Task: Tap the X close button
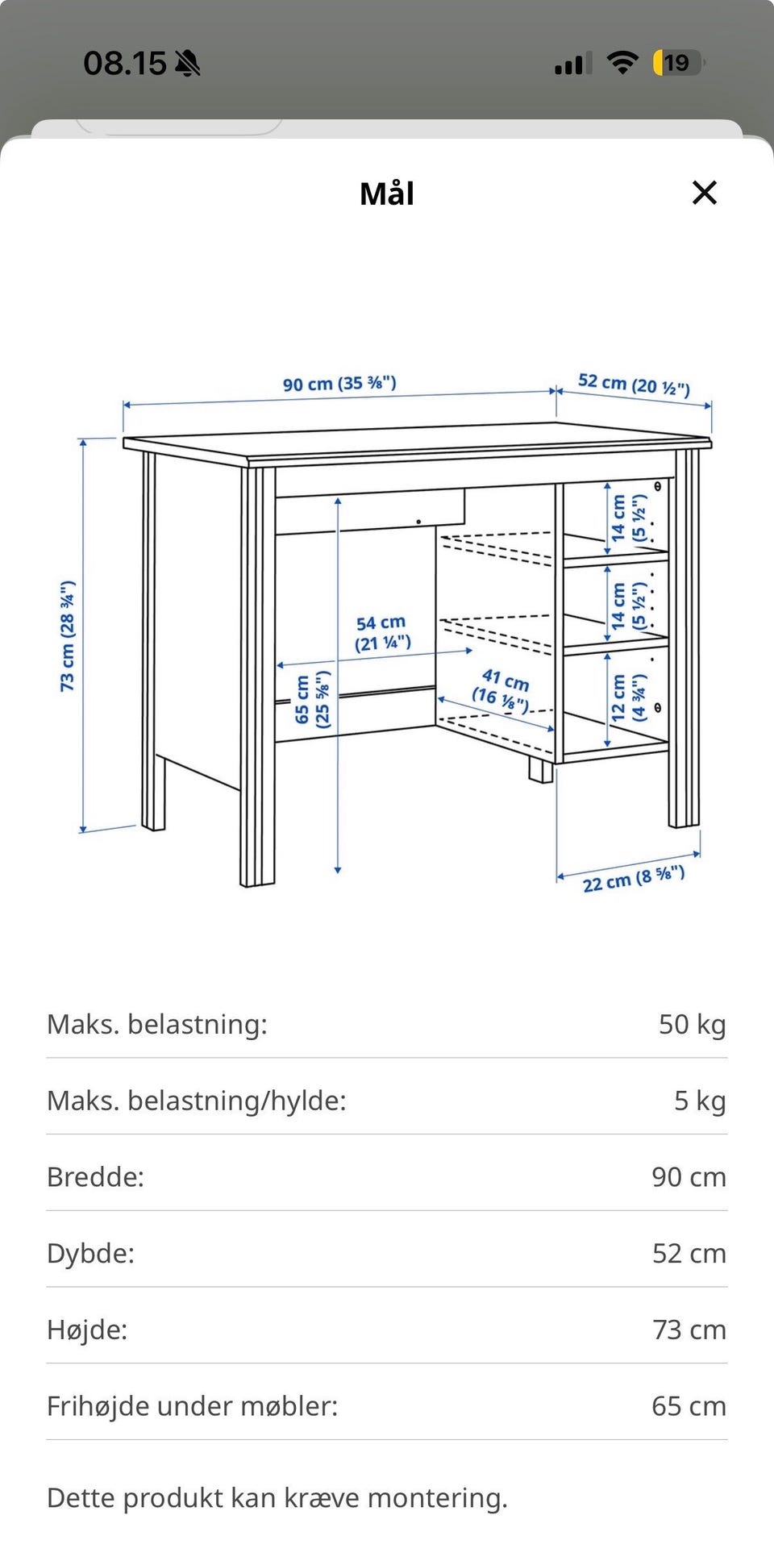tap(704, 193)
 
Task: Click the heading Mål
tap(387, 194)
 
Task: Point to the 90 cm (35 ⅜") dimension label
tap(339, 383)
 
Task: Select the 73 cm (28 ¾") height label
tap(68, 635)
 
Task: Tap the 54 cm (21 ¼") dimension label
tap(382, 633)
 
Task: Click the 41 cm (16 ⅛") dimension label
tap(502, 690)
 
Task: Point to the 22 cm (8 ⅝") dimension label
tap(633, 879)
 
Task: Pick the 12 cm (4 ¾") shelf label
tap(628, 697)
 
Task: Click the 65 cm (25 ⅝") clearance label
tap(312, 699)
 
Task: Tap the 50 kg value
tap(692, 1024)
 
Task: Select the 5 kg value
tap(699, 1101)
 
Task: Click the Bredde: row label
tap(95, 1177)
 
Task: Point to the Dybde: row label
tap(90, 1253)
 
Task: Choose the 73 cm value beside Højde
tap(689, 1330)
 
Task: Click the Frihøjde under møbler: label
tap(192, 1406)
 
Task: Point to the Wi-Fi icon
tap(622, 63)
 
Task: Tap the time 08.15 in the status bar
tap(125, 63)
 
